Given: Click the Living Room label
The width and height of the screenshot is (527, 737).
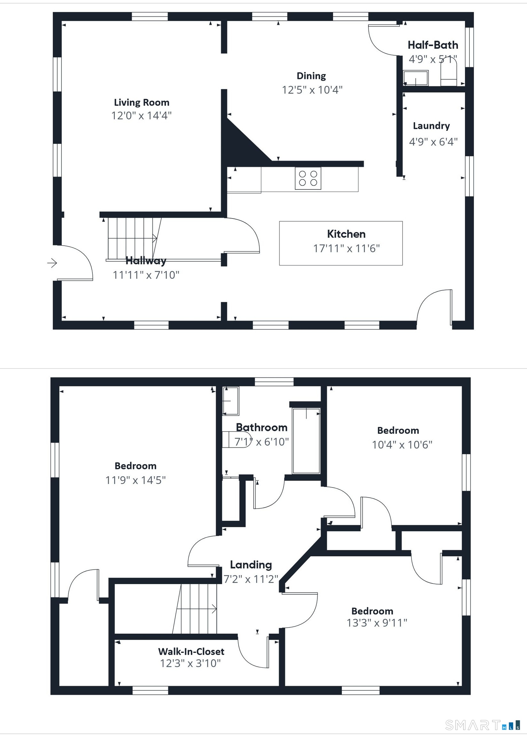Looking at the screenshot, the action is coord(141,103).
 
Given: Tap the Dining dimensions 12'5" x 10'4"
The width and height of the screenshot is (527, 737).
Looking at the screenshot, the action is coord(312,90).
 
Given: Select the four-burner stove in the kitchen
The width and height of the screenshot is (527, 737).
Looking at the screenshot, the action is coord(308,178).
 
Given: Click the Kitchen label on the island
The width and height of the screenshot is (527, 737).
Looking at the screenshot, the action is coord(346,234).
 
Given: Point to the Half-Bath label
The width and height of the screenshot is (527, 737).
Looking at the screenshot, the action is coord(433,45).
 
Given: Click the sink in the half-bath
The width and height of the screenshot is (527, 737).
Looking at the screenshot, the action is coord(415,78).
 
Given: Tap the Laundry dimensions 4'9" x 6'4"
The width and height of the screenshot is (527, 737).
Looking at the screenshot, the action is coord(433,141).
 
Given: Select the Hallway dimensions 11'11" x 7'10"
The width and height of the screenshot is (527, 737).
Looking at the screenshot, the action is coord(146,275).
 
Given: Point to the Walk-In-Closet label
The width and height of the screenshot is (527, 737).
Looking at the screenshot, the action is coord(191,651).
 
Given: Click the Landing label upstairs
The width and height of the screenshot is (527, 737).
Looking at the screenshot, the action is coord(251,565).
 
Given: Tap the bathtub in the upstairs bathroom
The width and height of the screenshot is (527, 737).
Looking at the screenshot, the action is coord(306,441).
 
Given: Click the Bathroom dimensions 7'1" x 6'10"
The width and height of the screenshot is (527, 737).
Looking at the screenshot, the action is coord(262,442).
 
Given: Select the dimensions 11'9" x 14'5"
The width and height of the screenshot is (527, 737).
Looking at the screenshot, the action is coord(136,480).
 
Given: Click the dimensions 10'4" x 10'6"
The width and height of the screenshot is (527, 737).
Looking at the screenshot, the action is coord(402,445).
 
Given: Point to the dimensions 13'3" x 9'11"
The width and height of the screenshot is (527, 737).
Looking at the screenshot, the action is coord(377,623).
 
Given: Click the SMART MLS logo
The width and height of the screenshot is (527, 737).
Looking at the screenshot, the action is coord(483,725).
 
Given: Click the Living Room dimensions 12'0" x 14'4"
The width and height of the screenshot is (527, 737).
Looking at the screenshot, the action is coord(141,115).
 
